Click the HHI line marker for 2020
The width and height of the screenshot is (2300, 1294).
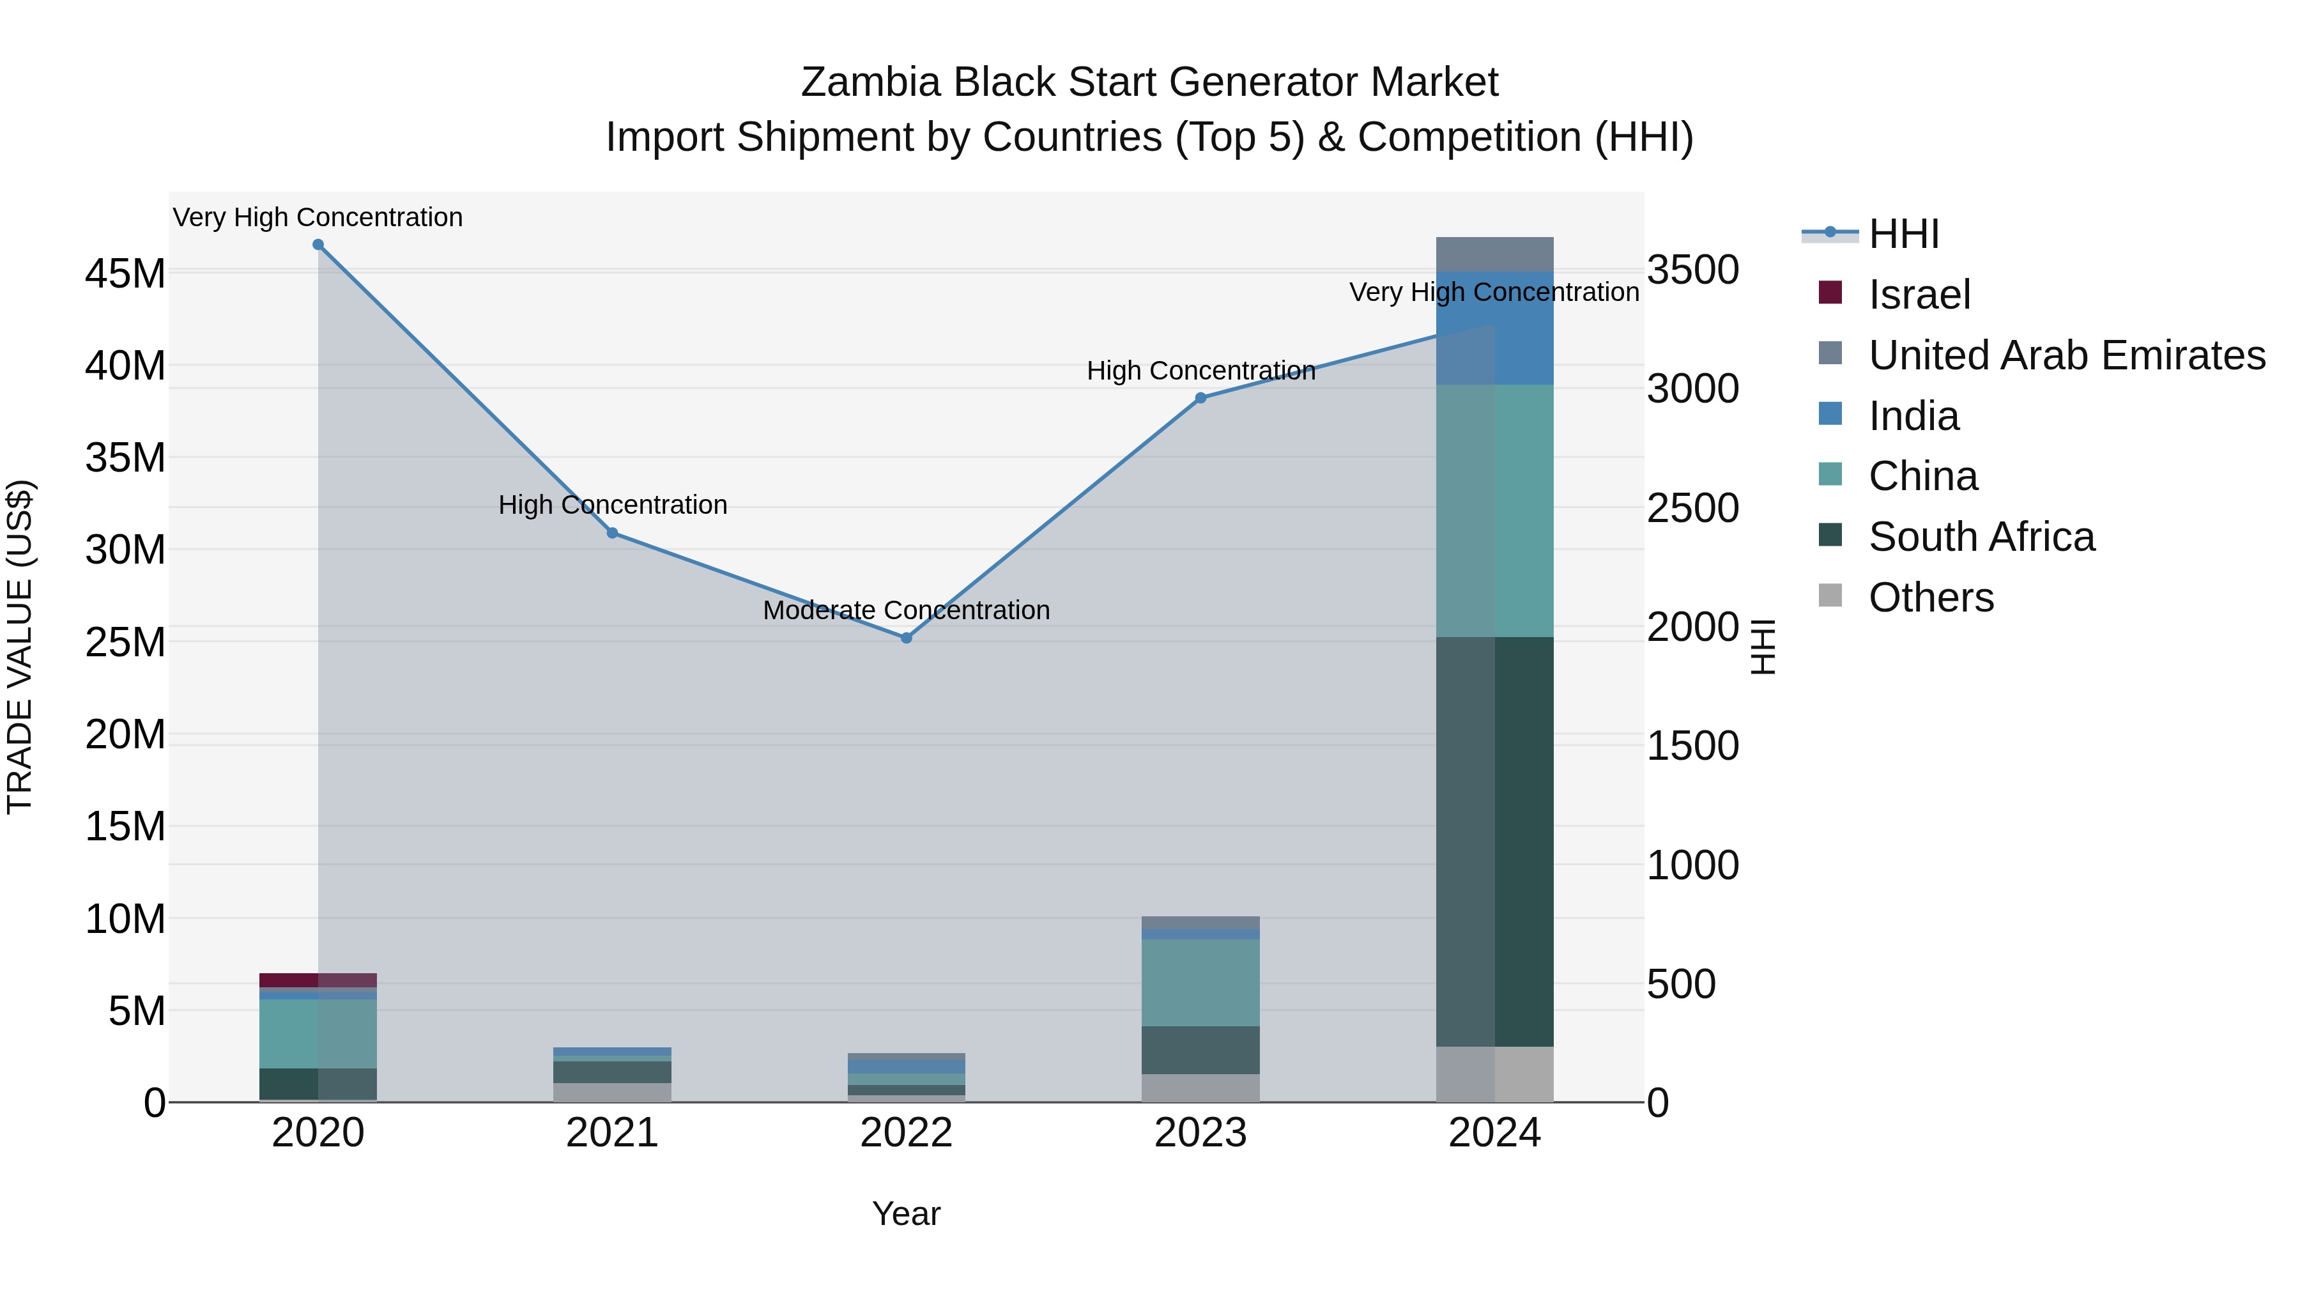[x=318, y=245]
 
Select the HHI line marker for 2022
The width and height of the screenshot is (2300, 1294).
[x=906, y=638]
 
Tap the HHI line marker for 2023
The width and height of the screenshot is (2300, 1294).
[x=1201, y=398]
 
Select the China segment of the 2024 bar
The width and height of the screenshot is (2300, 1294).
[x=1494, y=511]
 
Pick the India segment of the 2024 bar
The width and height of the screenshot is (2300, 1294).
[x=1494, y=328]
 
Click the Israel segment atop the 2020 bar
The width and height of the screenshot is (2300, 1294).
[x=318, y=980]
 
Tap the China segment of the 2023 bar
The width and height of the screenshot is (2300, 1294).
[x=1201, y=982]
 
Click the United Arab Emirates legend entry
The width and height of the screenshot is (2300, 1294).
[x=2066, y=355]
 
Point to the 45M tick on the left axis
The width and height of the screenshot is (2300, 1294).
[x=125, y=273]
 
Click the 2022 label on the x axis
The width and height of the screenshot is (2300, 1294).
[x=906, y=1133]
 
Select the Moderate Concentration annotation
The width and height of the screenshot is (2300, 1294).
[x=906, y=610]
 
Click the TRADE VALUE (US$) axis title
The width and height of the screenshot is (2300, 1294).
[x=20, y=647]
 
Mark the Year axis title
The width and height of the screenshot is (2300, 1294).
[x=906, y=1213]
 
